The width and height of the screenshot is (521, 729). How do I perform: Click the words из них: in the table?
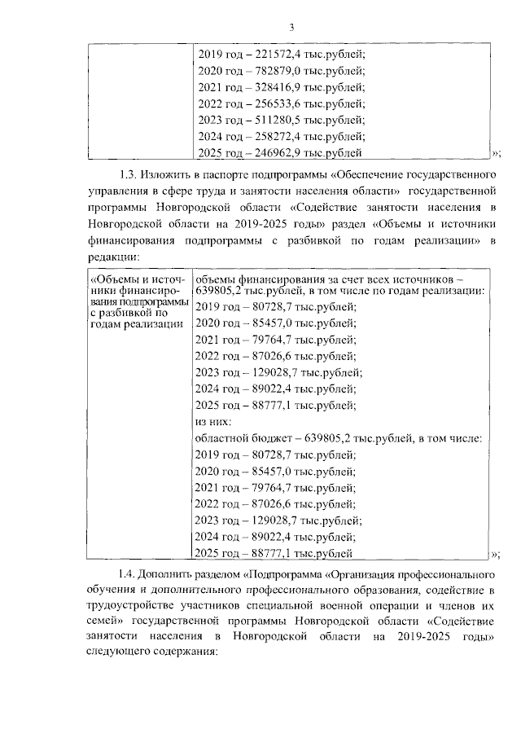tap(213, 421)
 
